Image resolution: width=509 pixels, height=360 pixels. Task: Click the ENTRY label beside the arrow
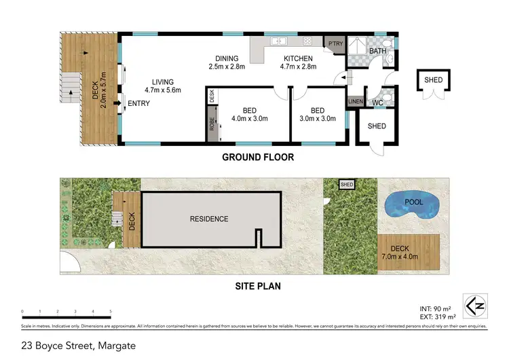click(x=139, y=103)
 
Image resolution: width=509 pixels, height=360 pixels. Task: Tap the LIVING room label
click(x=163, y=82)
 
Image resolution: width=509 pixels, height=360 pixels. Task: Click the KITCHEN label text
click(x=298, y=58)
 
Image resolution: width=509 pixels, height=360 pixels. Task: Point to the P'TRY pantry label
click(x=335, y=43)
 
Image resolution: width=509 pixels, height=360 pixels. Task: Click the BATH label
click(x=377, y=51)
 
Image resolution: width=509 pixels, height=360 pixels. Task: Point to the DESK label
click(x=212, y=96)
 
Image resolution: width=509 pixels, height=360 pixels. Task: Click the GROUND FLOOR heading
click(x=258, y=158)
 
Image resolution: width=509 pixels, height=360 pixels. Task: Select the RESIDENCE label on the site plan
click(x=209, y=219)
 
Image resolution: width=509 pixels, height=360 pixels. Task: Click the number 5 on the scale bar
click(x=111, y=312)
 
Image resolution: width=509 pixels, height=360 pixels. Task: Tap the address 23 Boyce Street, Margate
click(x=78, y=346)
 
